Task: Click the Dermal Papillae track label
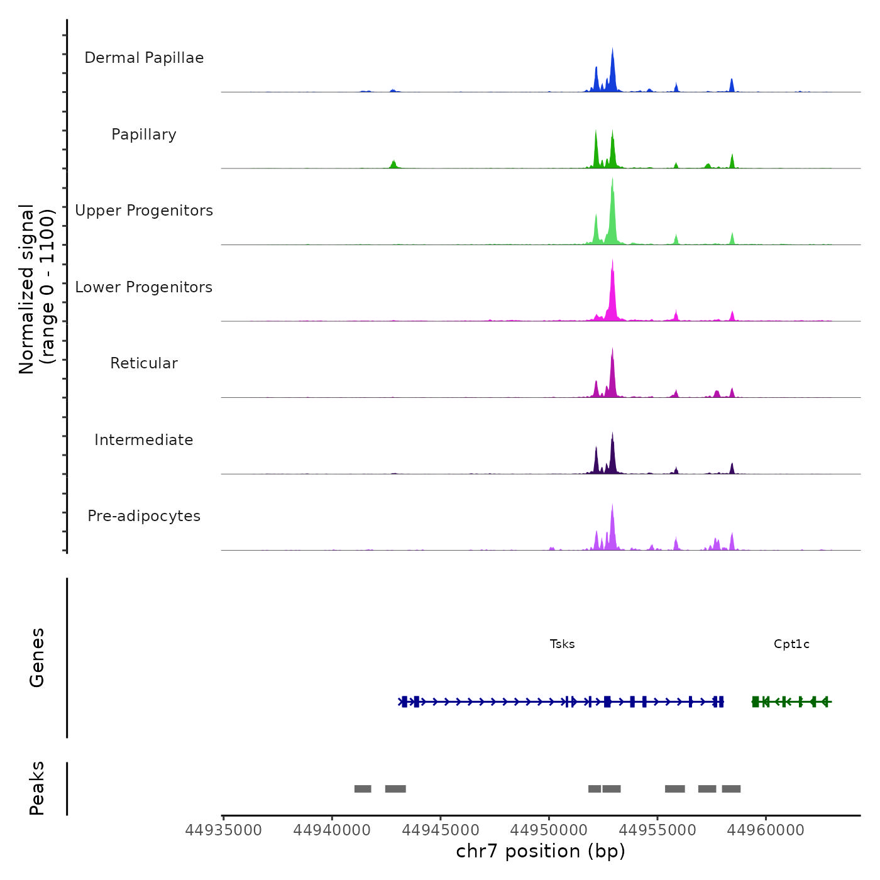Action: (144, 58)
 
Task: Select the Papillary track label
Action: (144, 135)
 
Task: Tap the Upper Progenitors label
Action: (144, 211)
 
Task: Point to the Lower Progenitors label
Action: (144, 287)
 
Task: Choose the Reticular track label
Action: (144, 363)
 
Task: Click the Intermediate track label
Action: (144, 440)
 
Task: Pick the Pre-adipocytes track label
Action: (144, 516)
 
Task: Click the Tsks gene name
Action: (562, 644)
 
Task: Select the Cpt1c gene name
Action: (791, 644)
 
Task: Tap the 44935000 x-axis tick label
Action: (223, 830)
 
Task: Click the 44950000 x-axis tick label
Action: (549, 830)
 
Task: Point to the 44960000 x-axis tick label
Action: (766, 830)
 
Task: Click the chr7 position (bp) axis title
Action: (541, 851)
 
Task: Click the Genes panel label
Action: (37, 657)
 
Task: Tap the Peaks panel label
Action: (37, 788)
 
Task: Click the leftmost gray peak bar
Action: (363, 789)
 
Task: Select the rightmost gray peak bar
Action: (731, 789)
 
